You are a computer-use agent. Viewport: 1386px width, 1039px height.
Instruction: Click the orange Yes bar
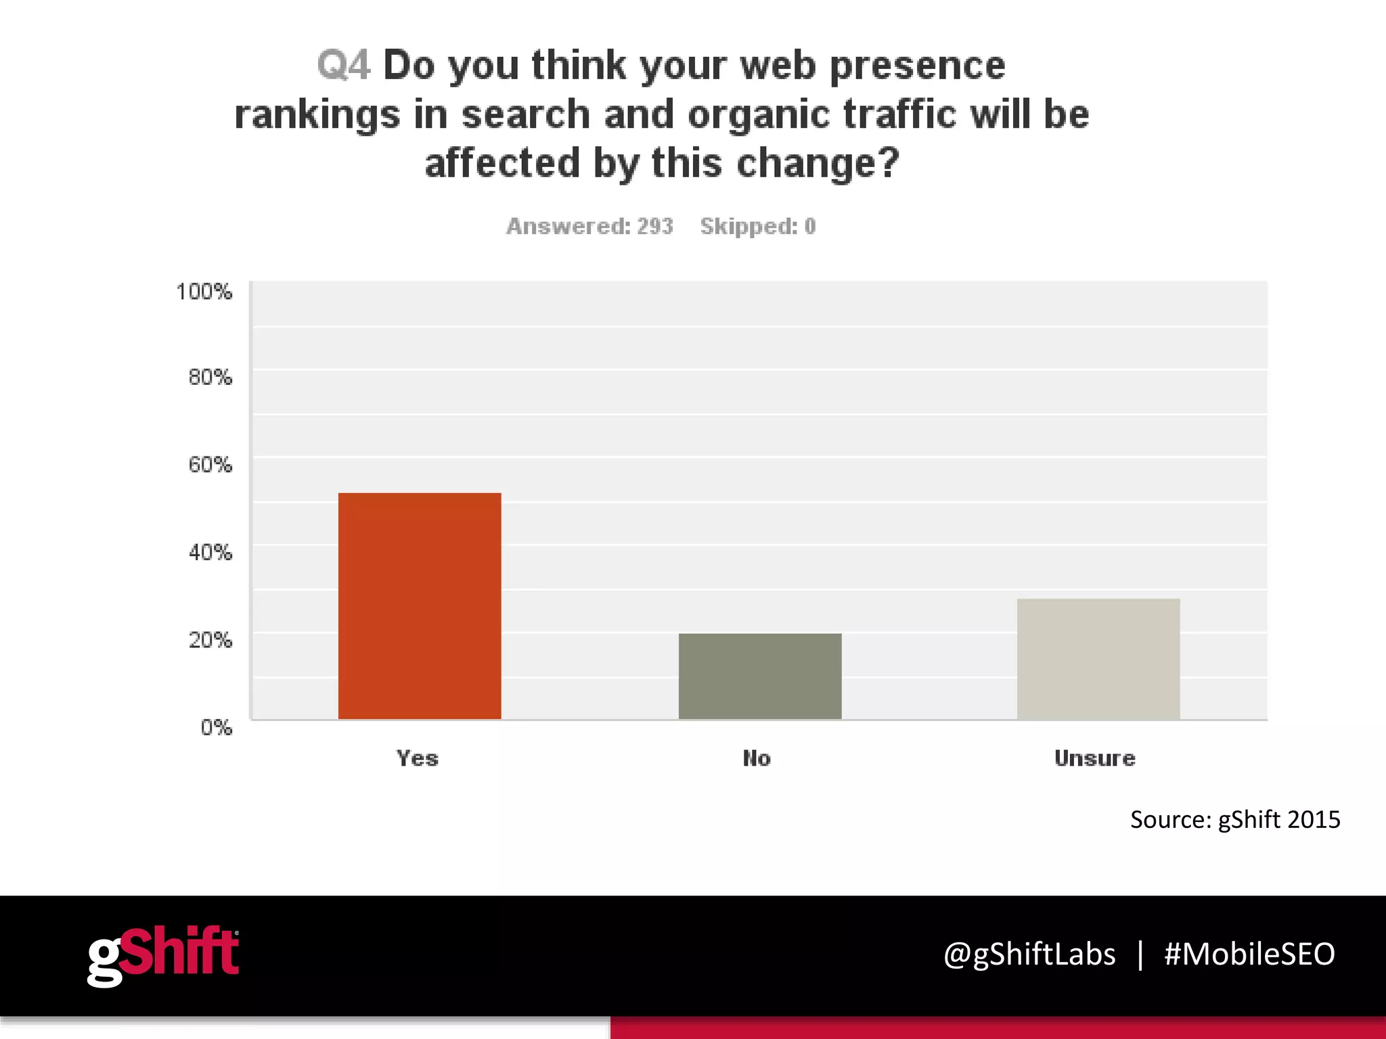point(420,605)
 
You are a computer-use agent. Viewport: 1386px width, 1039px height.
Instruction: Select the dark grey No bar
point(760,676)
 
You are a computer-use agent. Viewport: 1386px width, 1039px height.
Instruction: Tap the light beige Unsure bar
point(1098,659)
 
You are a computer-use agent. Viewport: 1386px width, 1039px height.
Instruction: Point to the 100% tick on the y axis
point(204,292)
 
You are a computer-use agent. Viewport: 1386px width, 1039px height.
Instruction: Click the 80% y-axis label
point(210,377)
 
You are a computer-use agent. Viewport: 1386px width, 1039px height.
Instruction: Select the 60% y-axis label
point(210,465)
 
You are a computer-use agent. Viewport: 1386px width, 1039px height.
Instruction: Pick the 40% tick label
point(210,553)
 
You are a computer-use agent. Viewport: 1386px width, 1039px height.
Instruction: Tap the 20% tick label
point(210,640)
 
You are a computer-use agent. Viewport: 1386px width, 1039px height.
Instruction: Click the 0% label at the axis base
point(216,728)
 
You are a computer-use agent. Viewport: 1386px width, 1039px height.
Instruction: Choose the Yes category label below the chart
point(418,758)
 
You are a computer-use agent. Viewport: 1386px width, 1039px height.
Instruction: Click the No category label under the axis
point(757,758)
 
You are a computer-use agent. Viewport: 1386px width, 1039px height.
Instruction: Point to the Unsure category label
point(1095,758)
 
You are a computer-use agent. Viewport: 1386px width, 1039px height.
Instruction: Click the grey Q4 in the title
point(344,66)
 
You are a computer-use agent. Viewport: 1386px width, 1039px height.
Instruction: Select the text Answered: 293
point(589,226)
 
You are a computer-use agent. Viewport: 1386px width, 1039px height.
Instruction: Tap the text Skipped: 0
point(758,226)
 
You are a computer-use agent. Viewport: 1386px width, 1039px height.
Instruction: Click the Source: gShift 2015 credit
point(1235,820)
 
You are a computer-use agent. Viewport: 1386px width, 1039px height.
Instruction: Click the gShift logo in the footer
point(163,955)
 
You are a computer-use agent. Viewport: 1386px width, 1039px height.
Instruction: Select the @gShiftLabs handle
point(1029,954)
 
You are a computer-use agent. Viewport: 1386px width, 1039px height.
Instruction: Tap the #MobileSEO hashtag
point(1249,954)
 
